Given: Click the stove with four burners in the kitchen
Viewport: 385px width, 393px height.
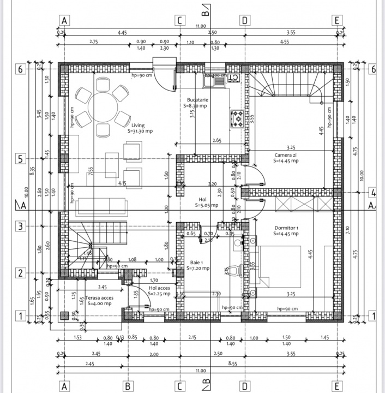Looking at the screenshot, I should pyautogui.click(x=238, y=118).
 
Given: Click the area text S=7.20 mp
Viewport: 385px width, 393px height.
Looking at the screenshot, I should pyautogui.click(x=198, y=268).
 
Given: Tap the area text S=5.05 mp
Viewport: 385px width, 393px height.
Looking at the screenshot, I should pyautogui.click(x=207, y=206).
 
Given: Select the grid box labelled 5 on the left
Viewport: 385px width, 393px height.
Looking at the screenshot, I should pyautogui.click(x=20, y=159).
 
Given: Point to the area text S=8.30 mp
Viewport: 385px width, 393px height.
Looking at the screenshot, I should pyautogui.click(x=196, y=107).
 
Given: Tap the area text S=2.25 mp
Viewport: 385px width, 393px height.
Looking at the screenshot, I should pyautogui.click(x=159, y=294).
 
